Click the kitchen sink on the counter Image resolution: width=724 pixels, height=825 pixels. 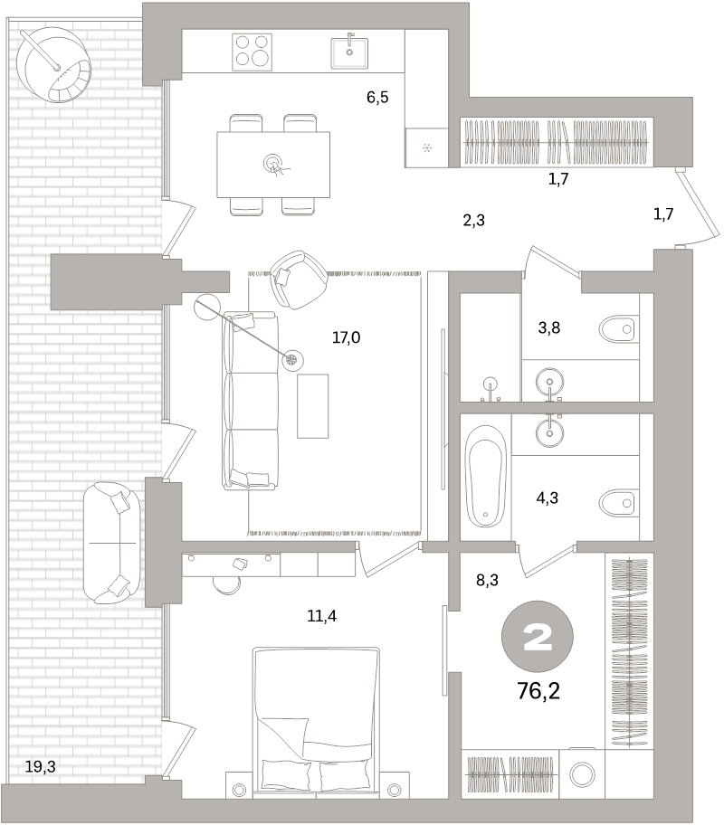coord(348,52)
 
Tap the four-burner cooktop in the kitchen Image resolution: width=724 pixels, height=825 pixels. coord(252,52)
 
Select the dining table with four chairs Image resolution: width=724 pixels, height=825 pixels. coord(272,164)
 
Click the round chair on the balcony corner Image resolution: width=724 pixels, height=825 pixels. coord(53,63)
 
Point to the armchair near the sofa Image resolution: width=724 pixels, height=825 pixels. coord(300,278)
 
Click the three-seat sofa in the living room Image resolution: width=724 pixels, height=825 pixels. coord(249,401)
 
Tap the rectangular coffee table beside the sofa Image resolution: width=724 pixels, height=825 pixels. coord(313,405)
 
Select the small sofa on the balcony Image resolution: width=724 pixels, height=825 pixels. coord(112,543)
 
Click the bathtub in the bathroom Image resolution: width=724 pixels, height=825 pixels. coord(486,476)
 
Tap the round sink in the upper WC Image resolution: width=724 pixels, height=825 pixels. coord(549,379)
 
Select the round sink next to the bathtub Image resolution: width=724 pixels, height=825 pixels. coord(549,431)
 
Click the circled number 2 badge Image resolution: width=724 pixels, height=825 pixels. coord(538,639)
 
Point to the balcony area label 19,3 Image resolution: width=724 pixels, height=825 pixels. coord(41,766)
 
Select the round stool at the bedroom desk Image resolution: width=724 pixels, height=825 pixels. coord(226,582)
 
